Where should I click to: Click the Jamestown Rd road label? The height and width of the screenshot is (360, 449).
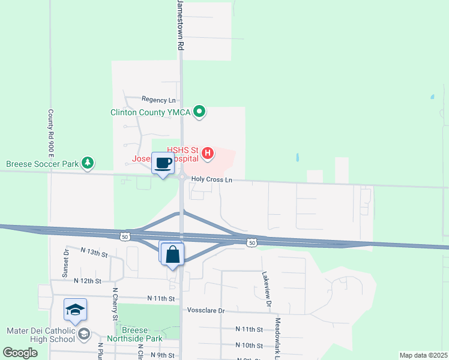[x=179, y=25]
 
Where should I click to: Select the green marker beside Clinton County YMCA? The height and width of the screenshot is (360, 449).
[x=201, y=112]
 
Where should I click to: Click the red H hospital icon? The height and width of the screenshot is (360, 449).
[x=208, y=153]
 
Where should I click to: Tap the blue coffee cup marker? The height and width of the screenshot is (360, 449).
[x=163, y=163]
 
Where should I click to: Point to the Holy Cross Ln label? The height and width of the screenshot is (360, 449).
[x=211, y=179]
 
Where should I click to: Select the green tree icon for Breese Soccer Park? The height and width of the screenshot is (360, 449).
[x=88, y=163]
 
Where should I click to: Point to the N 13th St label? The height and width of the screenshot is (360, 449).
[x=94, y=254]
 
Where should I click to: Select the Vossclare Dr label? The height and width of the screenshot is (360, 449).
[x=205, y=311]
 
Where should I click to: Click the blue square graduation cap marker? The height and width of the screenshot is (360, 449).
[x=75, y=310]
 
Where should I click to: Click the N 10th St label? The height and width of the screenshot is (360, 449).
[x=249, y=346]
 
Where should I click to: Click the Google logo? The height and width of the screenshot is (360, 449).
[x=20, y=353]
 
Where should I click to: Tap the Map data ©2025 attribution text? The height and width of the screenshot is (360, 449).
[x=423, y=355]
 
